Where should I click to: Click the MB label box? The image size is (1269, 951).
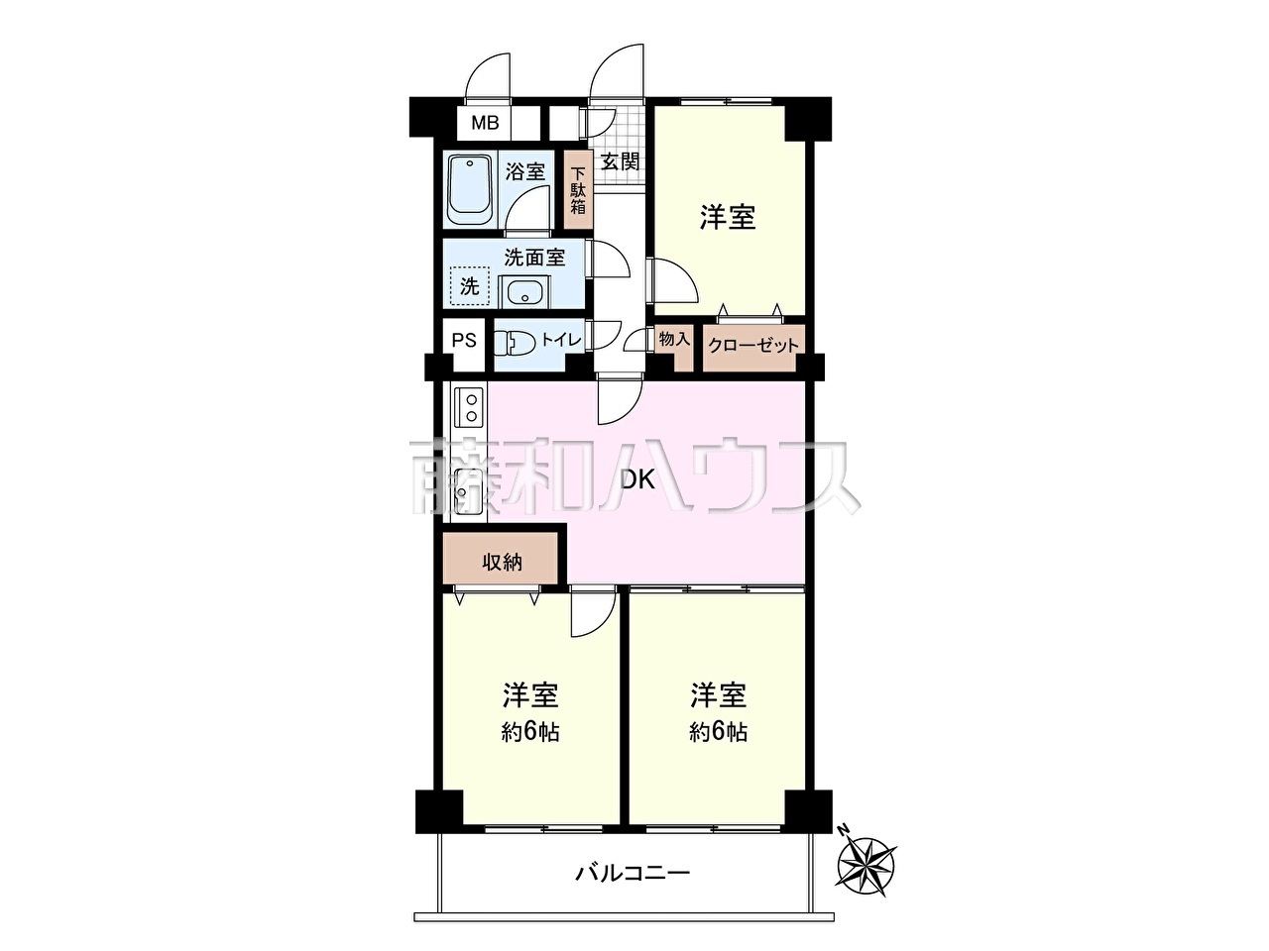click(x=484, y=123)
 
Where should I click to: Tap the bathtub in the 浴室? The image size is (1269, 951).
click(x=471, y=192)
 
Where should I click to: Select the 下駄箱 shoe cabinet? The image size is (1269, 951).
click(x=578, y=190)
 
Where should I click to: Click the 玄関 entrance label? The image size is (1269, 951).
click(x=620, y=162)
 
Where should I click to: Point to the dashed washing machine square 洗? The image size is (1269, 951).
click(x=470, y=286)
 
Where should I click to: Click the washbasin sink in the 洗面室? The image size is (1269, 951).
click(x=524, y=291)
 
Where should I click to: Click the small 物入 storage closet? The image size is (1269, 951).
click(x=675, y=348)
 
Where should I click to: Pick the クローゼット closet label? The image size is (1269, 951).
click(x=753, y=346)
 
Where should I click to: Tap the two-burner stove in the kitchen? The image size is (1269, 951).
click(x=468, y=408)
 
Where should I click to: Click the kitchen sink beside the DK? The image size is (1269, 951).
click(x=468, y=490)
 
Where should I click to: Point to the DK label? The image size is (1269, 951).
click(x=637, y=479)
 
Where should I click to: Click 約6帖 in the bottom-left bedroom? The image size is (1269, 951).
click(x=529, y=733)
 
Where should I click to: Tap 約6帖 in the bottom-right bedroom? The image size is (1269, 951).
click(x=718, y=733)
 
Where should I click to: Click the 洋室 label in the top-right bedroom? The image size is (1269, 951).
click(x=728, y=218)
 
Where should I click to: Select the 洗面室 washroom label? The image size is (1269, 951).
click(x=534, y=258)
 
